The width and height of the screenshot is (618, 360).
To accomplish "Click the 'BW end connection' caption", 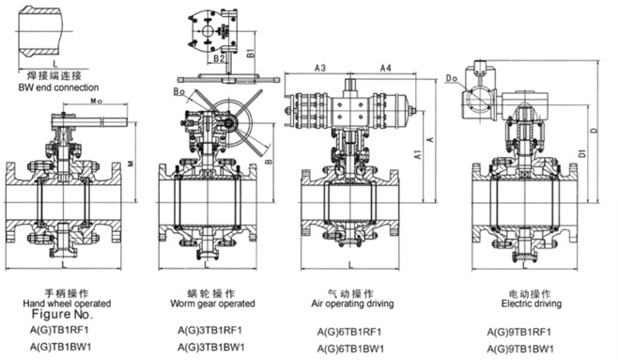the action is (x=58, y=87).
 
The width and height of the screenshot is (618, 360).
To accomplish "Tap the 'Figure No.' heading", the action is (x=62, y=314).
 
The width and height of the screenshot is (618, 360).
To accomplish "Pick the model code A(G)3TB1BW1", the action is (x=211, y=347).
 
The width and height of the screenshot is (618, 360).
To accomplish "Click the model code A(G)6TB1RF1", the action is (x=349, y=332).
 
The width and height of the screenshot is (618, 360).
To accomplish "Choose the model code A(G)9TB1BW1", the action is (x=520, y=349).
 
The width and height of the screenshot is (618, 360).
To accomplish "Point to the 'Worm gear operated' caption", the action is (x=213, y=304).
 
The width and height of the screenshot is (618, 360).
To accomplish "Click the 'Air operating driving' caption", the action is (x=352, y=304).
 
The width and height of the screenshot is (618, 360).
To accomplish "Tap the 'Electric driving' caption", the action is (x=532, y=304).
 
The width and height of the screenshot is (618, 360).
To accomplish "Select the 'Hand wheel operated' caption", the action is (x=67, y=304).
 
